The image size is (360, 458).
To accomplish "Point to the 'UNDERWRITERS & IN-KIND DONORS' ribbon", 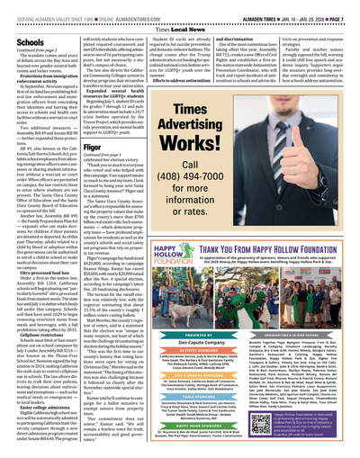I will pos(285,309).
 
